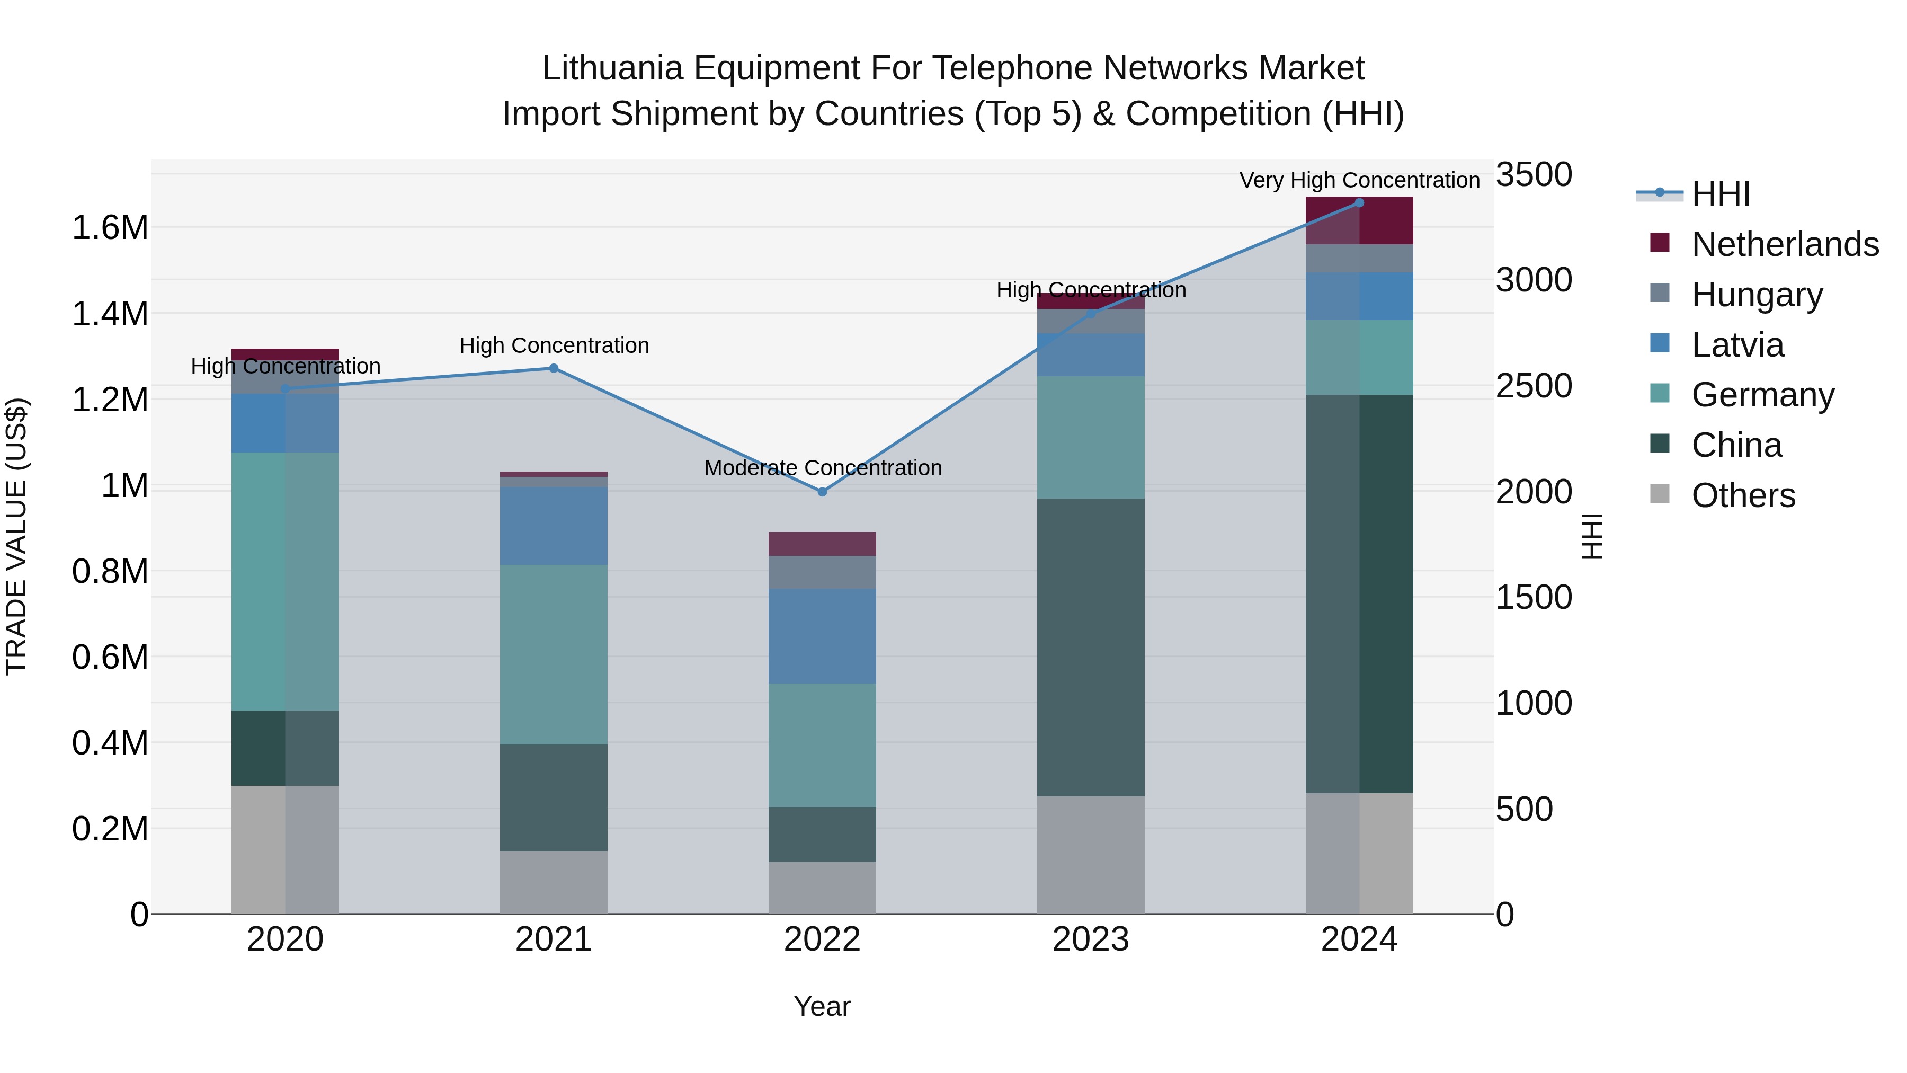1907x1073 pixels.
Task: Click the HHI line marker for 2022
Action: click(x=822, y=492)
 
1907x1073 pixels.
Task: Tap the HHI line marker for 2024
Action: click(x=1359, y=203)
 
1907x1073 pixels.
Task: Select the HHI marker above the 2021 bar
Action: click(x=553, y=368)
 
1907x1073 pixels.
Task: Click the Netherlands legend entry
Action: click(x=1784, y=244)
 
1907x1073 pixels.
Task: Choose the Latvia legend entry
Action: click(x=1737, y=345)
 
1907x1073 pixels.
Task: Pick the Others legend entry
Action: click(x=1743, y=495)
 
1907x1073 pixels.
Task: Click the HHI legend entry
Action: click(x=1721, y=194)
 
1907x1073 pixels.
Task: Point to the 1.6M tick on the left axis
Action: click(x=110, y=227)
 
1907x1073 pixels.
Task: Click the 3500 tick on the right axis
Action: click(x=1534, y=175)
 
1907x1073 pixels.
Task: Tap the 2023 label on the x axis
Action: click(x=1091, y=939)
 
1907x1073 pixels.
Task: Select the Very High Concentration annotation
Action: click(x=1359, y=180)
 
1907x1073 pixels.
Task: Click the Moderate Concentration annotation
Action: click(x=823, y=468)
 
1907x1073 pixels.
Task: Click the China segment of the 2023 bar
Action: click(x=1091, y=648)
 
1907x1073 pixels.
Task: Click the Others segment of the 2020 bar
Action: click(x=285, y=849)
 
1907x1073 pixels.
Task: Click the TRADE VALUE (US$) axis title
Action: click(x=16, y=536)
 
